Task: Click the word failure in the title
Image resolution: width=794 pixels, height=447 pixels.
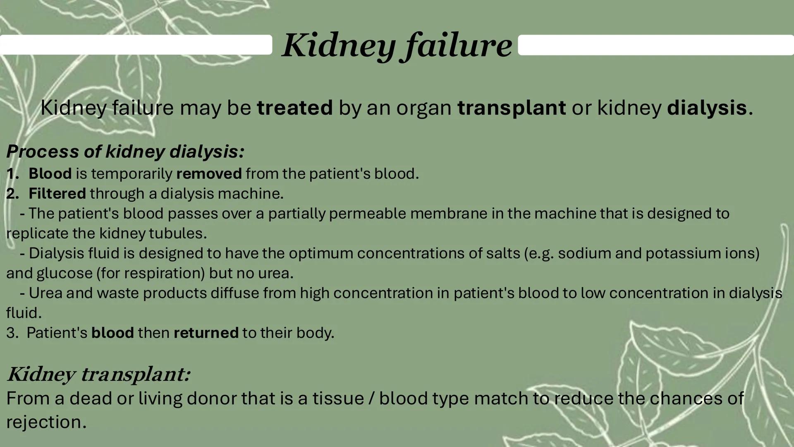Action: (457, 46)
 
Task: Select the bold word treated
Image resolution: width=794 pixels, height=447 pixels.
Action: (294, 108)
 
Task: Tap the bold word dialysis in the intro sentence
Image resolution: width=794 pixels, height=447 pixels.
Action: (707, 108)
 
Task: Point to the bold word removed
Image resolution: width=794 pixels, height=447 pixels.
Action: (209, 174)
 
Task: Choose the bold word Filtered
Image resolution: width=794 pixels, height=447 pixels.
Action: (57, 194)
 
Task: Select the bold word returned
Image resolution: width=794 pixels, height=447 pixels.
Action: (206, 333)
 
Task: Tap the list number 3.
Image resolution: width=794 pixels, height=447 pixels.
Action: (12, 333)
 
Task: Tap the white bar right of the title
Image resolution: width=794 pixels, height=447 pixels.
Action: (655, 45)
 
